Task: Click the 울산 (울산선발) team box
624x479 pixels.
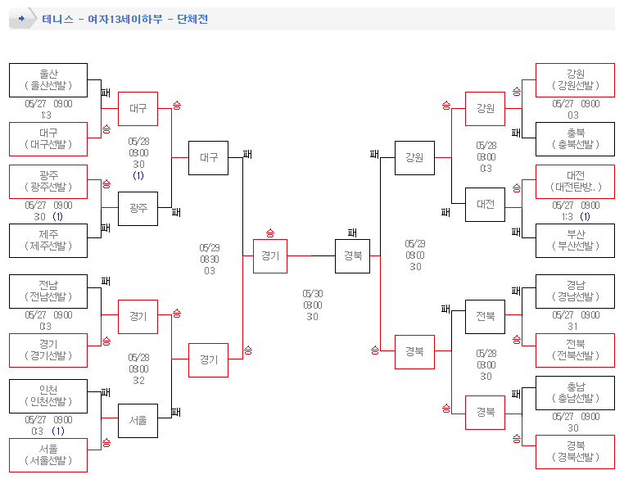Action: [x=48, y=79]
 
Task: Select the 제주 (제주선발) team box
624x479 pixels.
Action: [x=48, y=240]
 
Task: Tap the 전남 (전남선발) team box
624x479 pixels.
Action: [x=48, y=291]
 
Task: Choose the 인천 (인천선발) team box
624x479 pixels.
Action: [x=48, y=395]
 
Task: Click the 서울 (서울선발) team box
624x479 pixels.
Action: [x=48, y=454]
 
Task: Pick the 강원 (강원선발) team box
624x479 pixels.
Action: [x=574, y=79]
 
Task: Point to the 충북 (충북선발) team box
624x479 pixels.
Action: [x=574, y=138]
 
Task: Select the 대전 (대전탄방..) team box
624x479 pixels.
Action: [x=574, y=181]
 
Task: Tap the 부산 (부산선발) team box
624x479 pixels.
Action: [x=574, y=240]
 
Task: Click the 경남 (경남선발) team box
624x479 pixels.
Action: [x=574, y=291]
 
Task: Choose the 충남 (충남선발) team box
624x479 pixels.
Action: [x=574, y=392]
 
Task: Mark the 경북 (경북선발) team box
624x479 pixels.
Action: [x=574, y=451]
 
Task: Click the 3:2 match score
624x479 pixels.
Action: [x=138, y=380]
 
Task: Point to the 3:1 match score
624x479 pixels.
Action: [x=573, y=326]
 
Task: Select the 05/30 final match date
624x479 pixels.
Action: [x=312, y=293]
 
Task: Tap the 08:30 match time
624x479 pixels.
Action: [x=210, y=259]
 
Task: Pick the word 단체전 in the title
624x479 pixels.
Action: [x=192, y=19]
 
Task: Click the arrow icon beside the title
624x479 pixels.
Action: [x=22, y=18]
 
